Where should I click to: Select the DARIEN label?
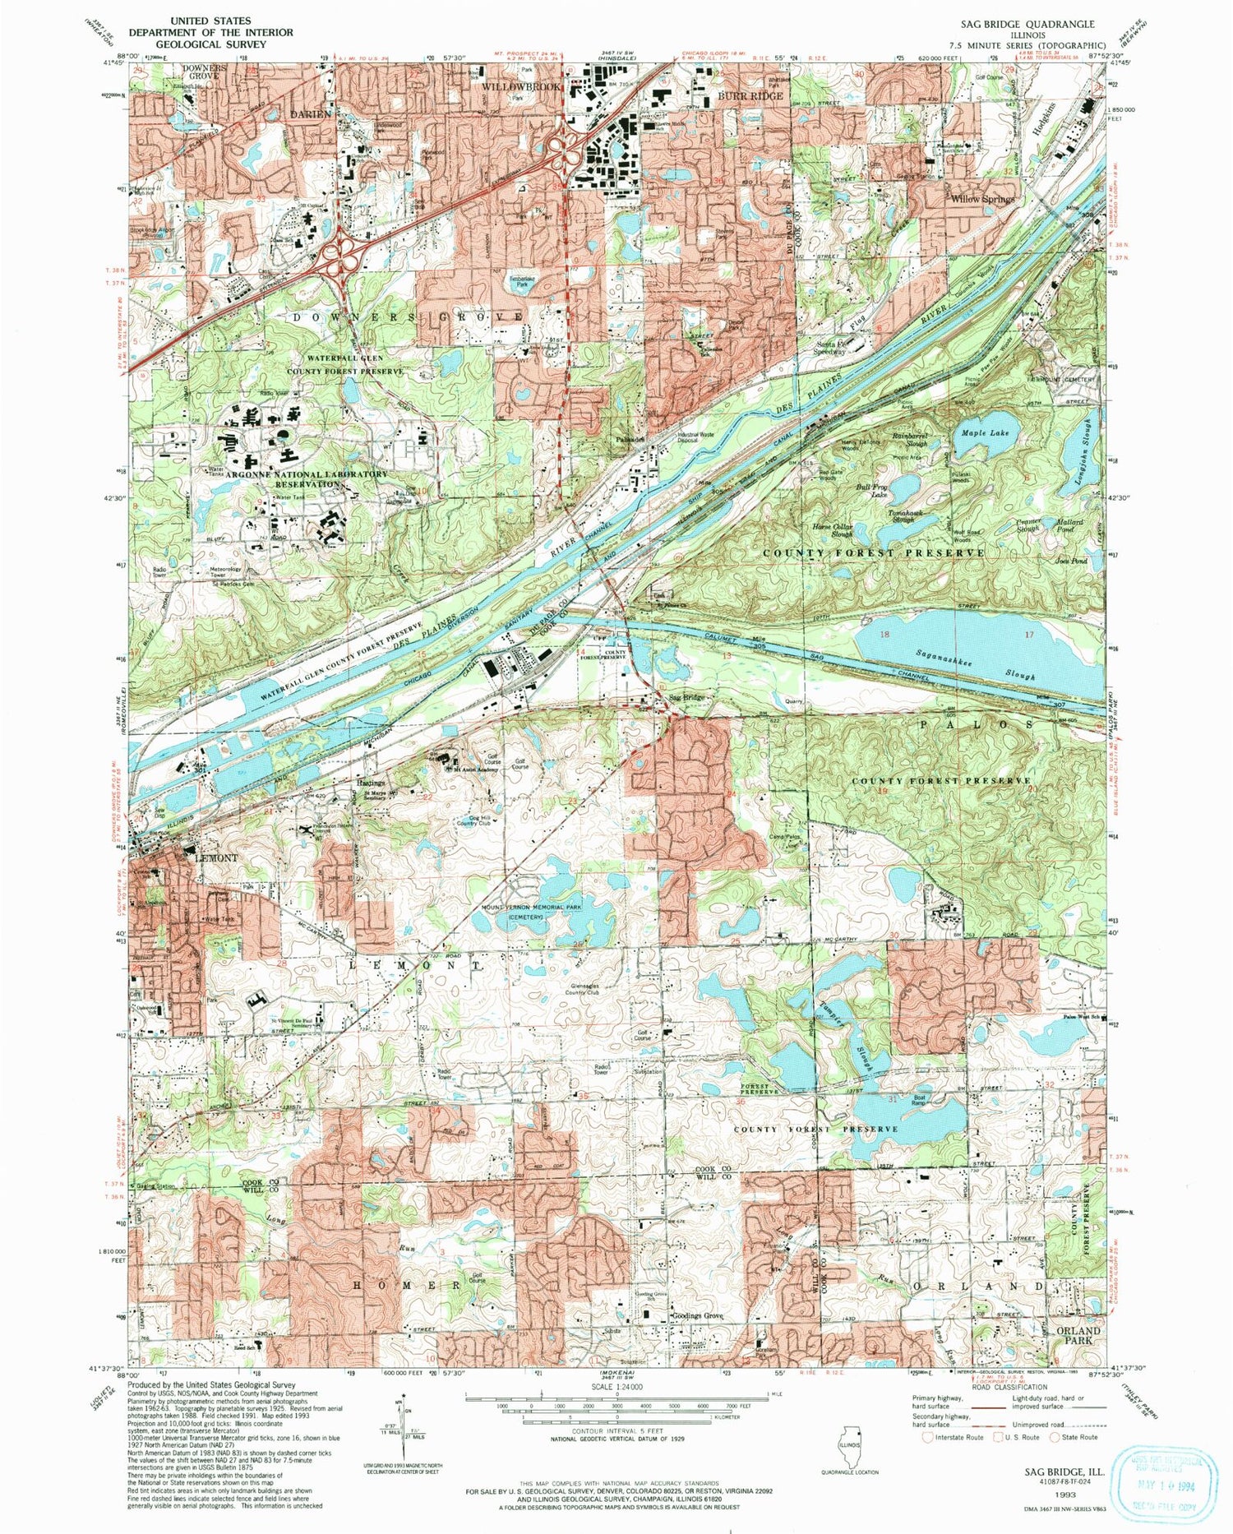(x=311, y=114)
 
